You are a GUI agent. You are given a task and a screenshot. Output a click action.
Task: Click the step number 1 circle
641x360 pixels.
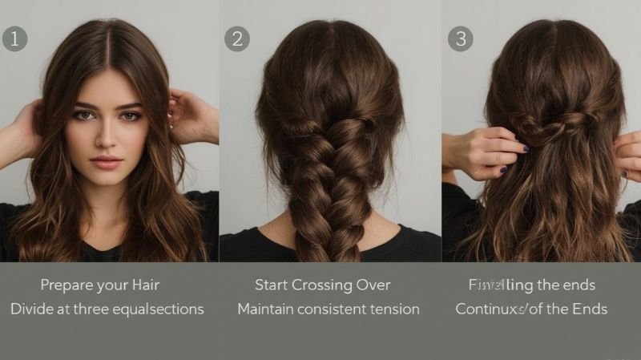pyautogui.click(x=14, y=38)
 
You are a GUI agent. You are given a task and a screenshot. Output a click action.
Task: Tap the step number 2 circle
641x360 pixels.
pyautogui.click(x=236, y=38)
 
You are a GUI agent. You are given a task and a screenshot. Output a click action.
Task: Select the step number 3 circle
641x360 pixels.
pyautogui.click(x=460, y=38)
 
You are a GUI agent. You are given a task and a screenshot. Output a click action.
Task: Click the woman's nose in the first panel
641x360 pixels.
pyautogui.click(x=107, y=136)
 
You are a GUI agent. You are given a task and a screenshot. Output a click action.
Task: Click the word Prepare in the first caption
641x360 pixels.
pyautogui.click(x=67, y=285)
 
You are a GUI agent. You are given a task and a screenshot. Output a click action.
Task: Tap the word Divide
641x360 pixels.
pyautogui.click(x=30, y=309)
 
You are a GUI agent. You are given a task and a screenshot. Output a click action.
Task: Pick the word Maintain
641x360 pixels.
pyautogui.click(x=267, y=309)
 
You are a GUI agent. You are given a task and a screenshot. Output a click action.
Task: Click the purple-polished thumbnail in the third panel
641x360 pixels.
pyautogui.click(x=526, y=148)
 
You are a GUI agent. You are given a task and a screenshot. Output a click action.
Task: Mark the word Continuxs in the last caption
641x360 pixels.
pyautogui.click(x=489, y=309)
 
